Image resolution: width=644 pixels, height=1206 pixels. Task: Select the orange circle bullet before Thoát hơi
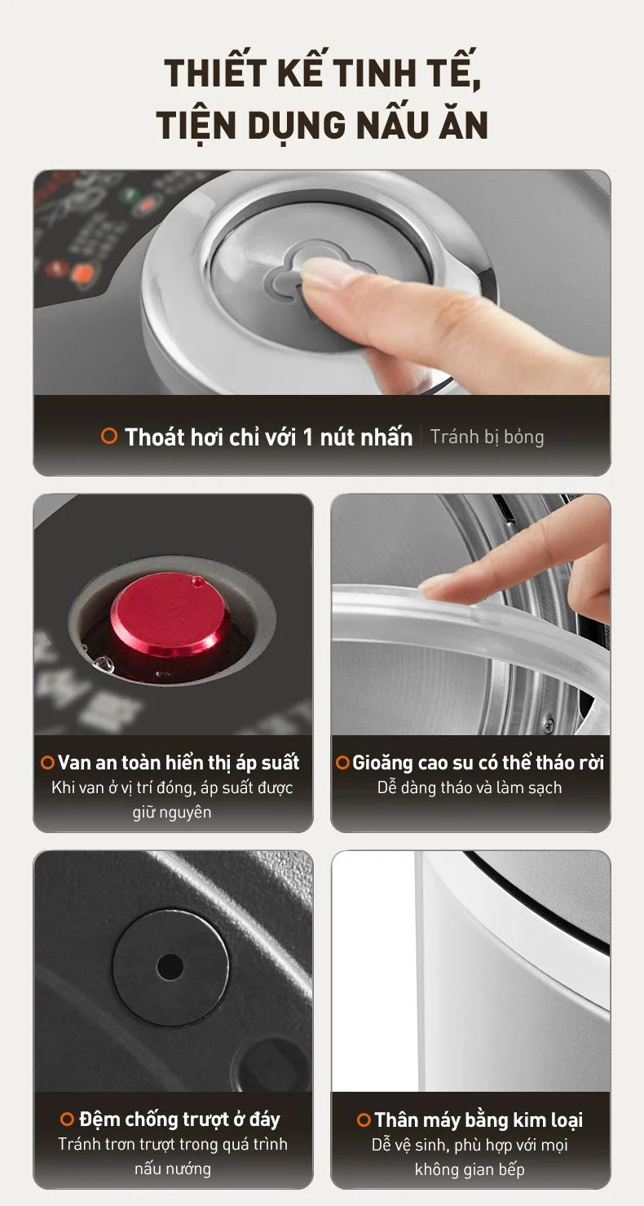[109, 436]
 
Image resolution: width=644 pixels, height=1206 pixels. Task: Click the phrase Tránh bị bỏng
[487, 437]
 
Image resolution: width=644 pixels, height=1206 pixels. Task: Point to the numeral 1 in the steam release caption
[307, 437]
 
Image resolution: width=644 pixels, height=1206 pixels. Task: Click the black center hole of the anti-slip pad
[170, 967]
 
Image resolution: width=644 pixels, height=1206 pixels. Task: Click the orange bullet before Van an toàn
[47, 762]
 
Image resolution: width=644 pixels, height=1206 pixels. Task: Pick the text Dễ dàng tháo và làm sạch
[470, 787]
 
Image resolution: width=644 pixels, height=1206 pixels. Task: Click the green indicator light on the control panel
[127, 194]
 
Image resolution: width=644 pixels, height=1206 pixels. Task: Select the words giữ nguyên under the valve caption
[172, 812]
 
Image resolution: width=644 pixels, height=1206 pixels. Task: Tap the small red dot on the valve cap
[198, 582]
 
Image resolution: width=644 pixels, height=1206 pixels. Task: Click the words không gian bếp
[470, 1169]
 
